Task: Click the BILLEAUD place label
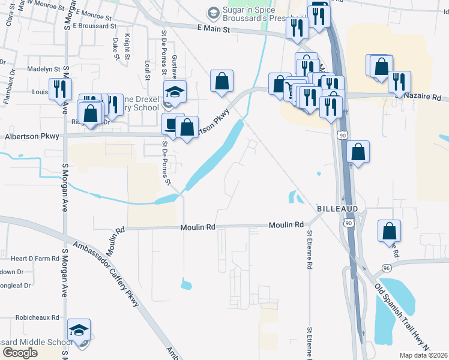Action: click(337, 208)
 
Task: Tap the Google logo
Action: click(20, 353)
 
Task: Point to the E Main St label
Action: click(213, 28)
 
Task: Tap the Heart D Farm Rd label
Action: click(35, 259)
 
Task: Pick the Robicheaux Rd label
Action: click(38, 317)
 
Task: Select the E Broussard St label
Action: click(94, 26)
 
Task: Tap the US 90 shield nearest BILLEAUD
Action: click(348, 223)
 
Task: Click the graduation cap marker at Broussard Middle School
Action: click(79, 329)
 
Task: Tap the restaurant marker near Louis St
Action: click(60, 89)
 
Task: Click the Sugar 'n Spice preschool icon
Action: click(212, 13)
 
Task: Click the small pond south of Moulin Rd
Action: click(185, 283)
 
